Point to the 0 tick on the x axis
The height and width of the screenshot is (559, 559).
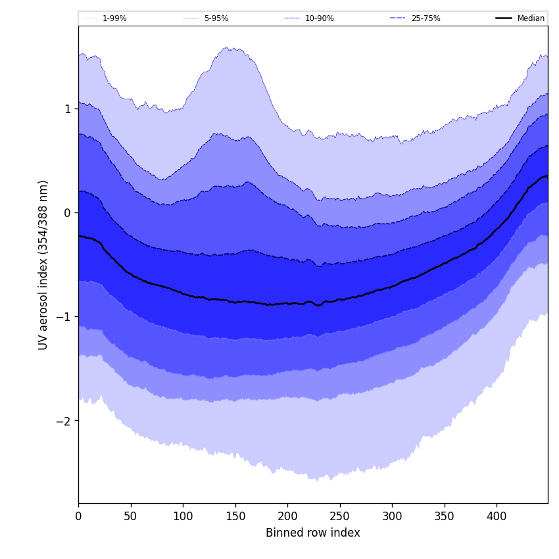(x=78, y=516)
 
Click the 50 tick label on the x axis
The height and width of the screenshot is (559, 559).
(x=131, y=516)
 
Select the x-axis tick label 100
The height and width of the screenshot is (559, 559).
(x=183, y=516)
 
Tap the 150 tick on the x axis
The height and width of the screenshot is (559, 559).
(x=235, y=516)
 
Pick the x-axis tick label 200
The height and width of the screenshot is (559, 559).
(x=287, y=516)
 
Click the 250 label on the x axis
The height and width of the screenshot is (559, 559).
(x=340, y=516)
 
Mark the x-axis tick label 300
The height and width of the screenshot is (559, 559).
(x=392, y=516)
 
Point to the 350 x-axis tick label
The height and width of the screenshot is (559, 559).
(x=445, y=516)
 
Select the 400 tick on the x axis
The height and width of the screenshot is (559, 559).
(x=497, y=516)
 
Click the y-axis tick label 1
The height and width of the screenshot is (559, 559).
(x=67, y=109)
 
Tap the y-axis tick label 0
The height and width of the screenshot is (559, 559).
(x=67, y=212)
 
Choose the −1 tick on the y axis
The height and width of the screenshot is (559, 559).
(x=64, y=316)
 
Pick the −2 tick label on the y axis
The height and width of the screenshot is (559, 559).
(x=64, y=421)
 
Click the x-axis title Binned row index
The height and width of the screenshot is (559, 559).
(x=313, y=533)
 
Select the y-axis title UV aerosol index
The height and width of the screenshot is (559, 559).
(x=43, y=264)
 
